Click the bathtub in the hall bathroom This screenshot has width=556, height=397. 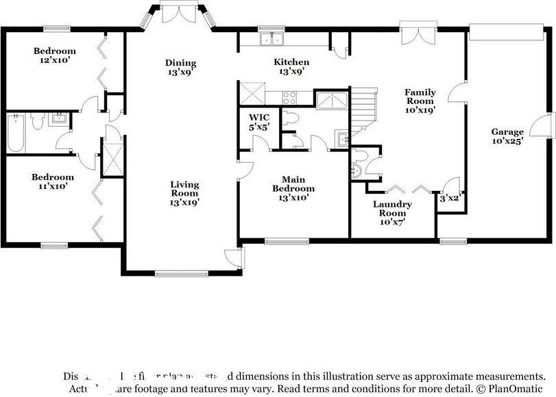(15, 133)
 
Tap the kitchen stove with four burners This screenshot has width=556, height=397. (290, 99)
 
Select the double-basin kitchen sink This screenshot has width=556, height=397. (271, 40)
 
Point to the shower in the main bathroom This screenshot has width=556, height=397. (330, 101)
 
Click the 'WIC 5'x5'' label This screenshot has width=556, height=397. (258, 122)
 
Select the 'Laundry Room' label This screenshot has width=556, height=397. (392, 209)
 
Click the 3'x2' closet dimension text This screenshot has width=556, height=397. (449, 198)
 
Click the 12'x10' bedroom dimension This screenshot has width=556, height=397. (55, 60)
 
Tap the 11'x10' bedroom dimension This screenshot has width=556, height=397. (52, 186)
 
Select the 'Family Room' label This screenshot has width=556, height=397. (420, 100)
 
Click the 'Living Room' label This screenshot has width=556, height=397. (184, 192)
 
